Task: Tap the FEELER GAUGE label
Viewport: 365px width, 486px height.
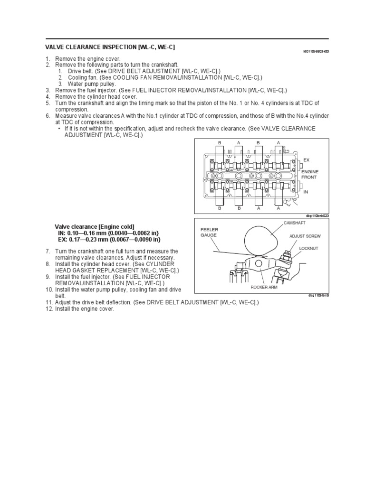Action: click(x=209, y=232)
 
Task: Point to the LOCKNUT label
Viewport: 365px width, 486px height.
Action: click(x=308, y=248)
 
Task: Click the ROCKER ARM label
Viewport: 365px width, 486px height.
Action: click(x=264, y=287)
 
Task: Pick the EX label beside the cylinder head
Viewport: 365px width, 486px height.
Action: click(x=306, y=160)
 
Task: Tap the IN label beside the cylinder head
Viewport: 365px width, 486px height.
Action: click(x=306, y=192)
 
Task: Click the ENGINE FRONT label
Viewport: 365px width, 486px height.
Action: click(x=310, y=174)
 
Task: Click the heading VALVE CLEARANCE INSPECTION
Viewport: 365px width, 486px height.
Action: click(x=110, y=47)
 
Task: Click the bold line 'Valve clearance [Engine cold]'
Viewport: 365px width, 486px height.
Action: click(x=95, y=227)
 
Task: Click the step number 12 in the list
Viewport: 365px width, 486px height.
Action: click(x=49, y=309)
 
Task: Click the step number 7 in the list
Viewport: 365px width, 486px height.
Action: click(x=48, y=251)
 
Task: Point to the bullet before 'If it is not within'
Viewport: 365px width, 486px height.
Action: click(x=59, y=129)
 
